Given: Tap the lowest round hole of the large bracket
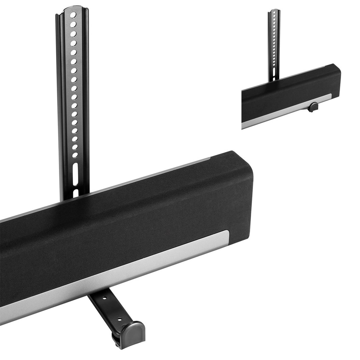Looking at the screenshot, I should click(x=75, y=155).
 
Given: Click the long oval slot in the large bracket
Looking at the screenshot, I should click(x=75, y=173).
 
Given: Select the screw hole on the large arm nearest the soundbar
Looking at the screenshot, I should click(x=104, y=299).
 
